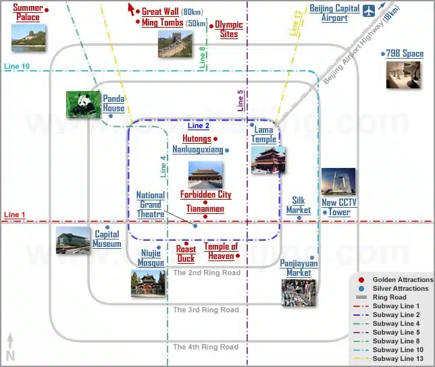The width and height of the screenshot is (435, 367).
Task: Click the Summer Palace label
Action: point(28,13)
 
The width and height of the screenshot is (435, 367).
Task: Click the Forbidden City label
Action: point(205,195)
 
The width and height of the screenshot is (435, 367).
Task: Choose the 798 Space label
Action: point(405,54)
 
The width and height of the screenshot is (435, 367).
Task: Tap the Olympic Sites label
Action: point(229,30)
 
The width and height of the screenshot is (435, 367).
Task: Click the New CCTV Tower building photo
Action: point(338,182)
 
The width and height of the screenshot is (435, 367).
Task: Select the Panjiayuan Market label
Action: point(298,268)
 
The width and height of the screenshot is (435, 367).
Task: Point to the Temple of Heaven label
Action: point(221,251)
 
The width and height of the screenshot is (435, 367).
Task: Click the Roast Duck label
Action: point(186,254)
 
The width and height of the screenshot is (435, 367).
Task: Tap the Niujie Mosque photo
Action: point(148,283)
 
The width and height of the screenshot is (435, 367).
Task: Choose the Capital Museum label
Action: point(107,239)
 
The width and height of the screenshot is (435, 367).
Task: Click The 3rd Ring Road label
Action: point(206,310)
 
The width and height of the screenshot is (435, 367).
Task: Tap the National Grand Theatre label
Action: point(151,204)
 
